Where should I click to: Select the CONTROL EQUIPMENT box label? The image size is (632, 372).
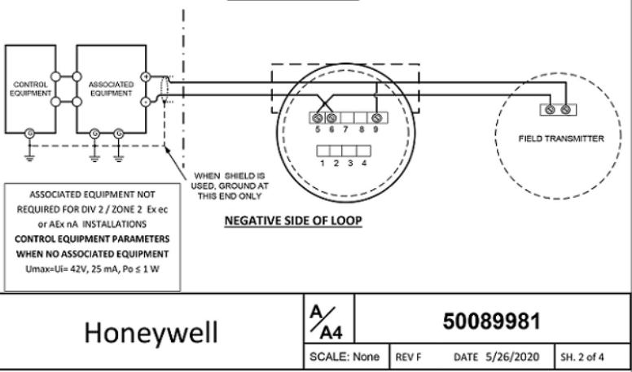[x=29, y=89]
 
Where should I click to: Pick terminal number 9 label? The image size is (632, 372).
[x=376, y=129]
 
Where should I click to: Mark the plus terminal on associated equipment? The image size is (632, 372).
[x=145, y=77]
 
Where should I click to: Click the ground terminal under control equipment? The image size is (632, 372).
[x=30, y=132]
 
